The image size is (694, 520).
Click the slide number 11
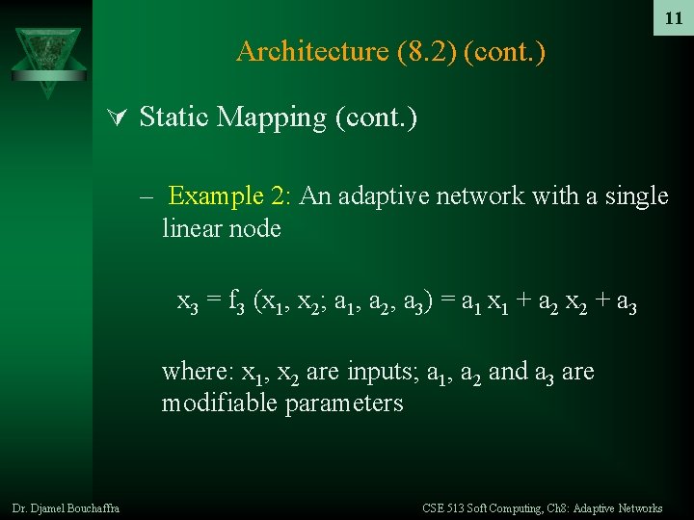click(x=674, y=18)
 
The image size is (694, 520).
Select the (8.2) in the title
click(x=425, y=51)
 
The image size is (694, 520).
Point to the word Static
click(x=174, y=117)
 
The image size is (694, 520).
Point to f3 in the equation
click(x=237, y=305)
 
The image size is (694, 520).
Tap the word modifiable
click(x=220, y=403)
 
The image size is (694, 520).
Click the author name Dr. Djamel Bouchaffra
click(x=66, y=507)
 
